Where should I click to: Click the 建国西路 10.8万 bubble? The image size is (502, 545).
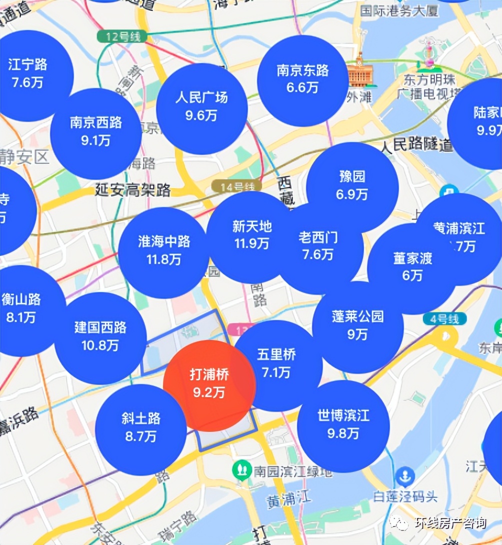point(100,337)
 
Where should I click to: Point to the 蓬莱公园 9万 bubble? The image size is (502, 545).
point(357,326)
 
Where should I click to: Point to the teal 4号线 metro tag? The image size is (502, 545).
point(444,319)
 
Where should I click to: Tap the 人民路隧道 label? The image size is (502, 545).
point(416,145)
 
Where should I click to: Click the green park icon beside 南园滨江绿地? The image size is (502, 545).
point(242,469)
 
